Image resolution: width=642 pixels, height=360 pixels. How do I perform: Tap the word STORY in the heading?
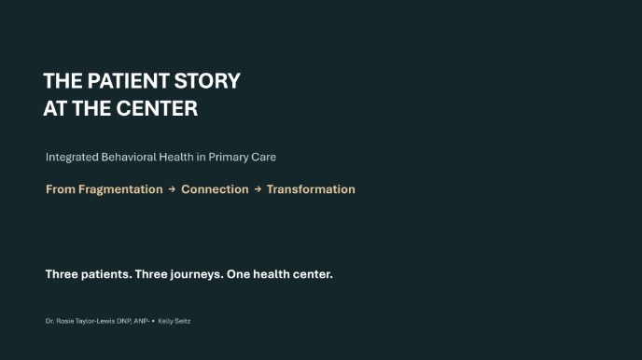tap(207, 80)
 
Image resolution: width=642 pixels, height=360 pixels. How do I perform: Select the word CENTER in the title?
tap(157, 108)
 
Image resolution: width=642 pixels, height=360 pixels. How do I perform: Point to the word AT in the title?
tap(55, 108)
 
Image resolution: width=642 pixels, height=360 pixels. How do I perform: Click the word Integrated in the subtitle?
tap(72, 157)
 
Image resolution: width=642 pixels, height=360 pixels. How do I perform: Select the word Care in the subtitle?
tap(264, 157)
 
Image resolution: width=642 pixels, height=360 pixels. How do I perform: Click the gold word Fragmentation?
tap(120, 189)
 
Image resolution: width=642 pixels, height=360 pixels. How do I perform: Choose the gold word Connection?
tap(215, 189)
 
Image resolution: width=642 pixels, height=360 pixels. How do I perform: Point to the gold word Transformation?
tap(311, 189)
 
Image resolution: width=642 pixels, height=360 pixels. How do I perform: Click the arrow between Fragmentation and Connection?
tap(172, 189)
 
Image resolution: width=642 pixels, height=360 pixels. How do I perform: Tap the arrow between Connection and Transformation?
tap(258, 189)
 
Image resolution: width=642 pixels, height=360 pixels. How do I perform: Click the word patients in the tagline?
tap(106, 274)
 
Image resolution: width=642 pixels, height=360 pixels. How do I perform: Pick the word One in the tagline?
tap(238, 274)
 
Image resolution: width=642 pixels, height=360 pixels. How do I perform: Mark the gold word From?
tap(61, 189)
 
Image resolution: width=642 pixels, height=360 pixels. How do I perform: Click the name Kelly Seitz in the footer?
tap(174, 321)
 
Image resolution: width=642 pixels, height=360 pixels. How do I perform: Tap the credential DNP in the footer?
tap(124, 321)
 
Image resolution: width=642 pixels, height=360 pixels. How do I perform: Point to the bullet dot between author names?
tap(153, 321)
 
